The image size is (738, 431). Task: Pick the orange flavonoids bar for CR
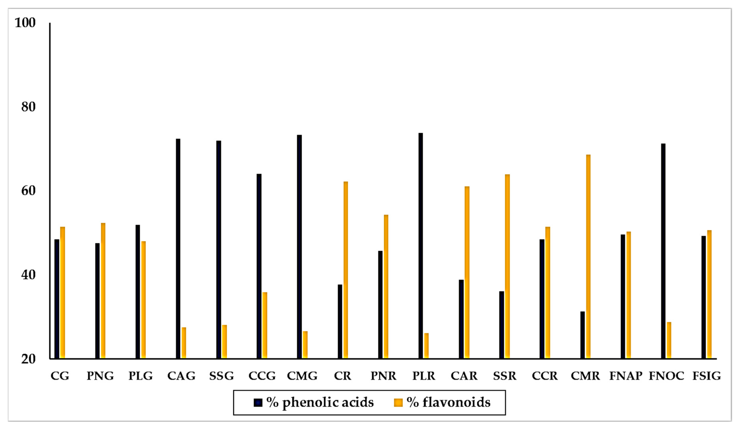[345, 270]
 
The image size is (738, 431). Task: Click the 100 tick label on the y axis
[25, 23]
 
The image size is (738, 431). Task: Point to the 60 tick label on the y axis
[28, 191]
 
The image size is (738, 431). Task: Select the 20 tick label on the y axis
[28, 359]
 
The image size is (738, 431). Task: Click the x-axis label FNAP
[626, 376]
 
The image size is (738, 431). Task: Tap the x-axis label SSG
[221, 376]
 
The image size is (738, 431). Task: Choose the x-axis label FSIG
[706, 376]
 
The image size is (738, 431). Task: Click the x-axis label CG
[60, 376]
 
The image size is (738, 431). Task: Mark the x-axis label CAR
[464, 376]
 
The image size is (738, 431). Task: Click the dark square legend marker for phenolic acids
[258, 403]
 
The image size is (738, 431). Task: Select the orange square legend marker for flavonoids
[398, 403]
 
